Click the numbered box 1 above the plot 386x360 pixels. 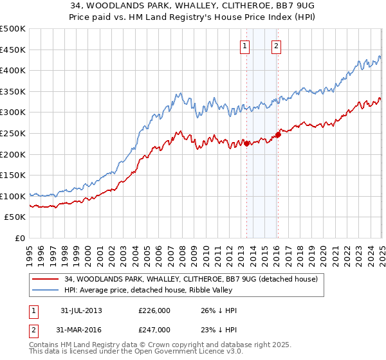(246, 46)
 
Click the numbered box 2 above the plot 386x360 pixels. (276, 46)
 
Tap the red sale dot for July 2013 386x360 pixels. (246, 143)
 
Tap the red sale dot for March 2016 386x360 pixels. (278, 134)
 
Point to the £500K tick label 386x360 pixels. (13, 29)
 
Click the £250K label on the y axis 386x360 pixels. (13, 133)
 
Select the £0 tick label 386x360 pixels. (20, 238)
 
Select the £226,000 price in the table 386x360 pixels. (154, 310)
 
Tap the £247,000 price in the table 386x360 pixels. (154, 329)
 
